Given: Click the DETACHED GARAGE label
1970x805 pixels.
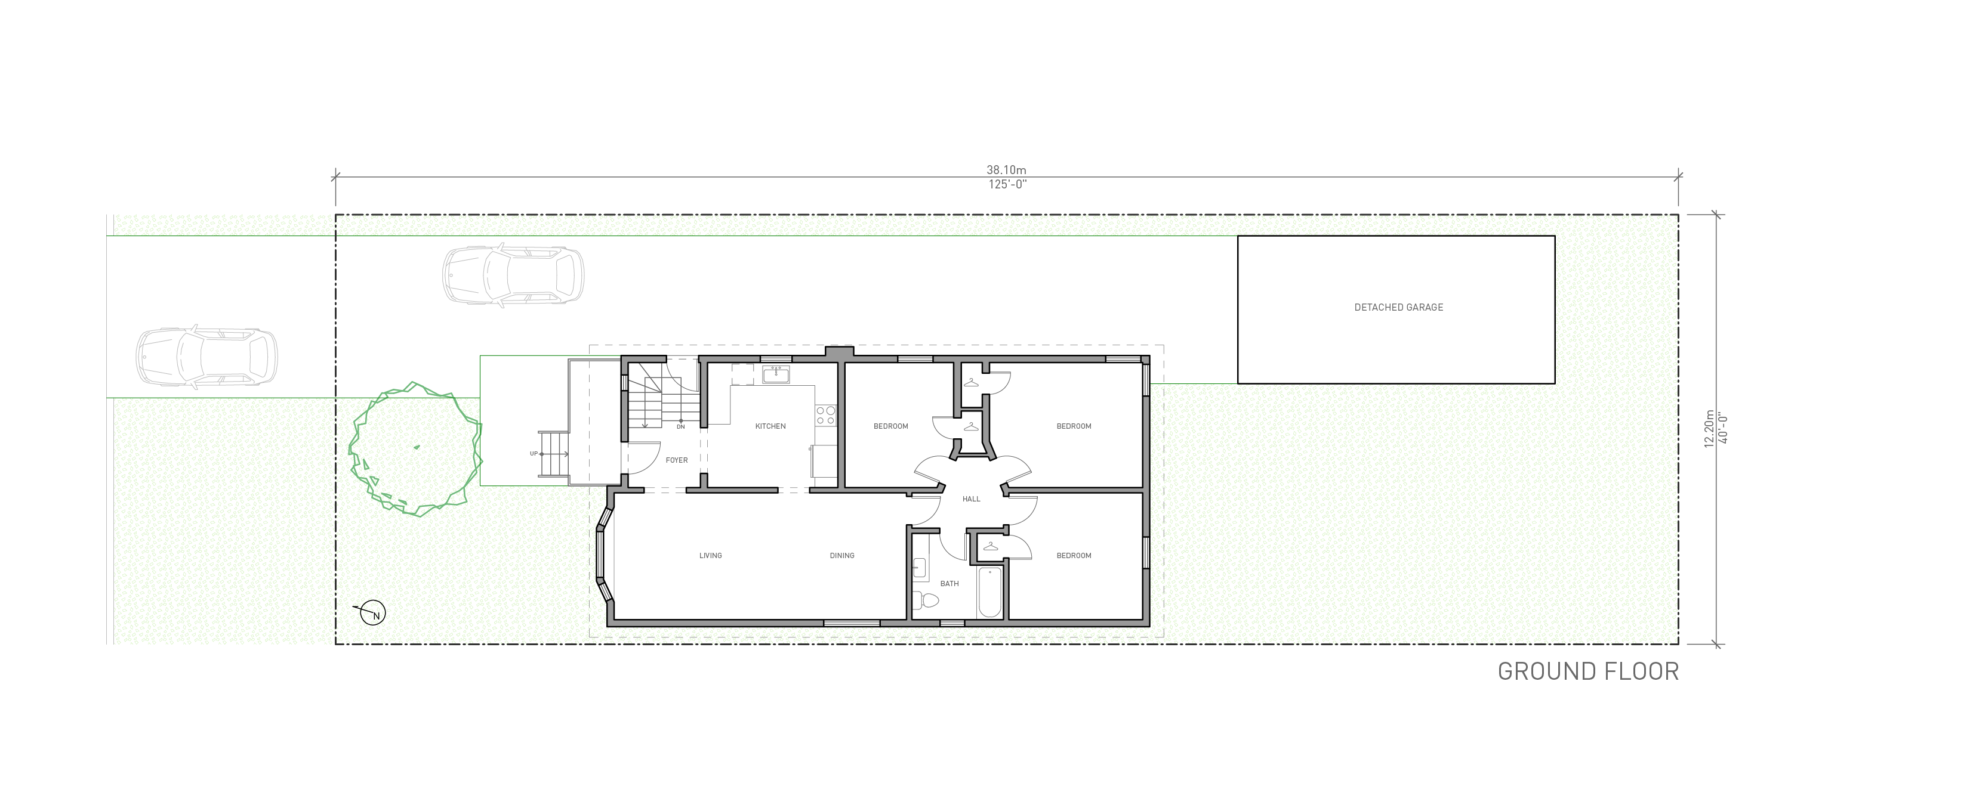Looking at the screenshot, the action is pos(1399,307).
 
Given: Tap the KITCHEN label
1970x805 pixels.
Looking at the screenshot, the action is pos(770,426).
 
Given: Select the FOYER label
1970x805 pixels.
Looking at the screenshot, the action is pos(677,460).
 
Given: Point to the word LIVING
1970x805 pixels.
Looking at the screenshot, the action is pos(710,556).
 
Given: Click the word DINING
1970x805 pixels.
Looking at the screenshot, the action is pos(842,556).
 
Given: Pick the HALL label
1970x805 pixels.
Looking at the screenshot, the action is pos(971,499).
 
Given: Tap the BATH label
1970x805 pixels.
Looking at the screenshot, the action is pos(949,584).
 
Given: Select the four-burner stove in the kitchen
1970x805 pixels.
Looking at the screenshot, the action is pos(825,415).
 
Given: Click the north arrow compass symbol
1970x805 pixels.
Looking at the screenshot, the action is pos(373,613).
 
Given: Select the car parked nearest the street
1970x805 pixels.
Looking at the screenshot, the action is pos(206,357).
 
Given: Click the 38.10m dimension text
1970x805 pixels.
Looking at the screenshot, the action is pos(1006,170).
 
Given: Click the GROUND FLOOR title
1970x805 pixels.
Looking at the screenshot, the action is pos(1587,672).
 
